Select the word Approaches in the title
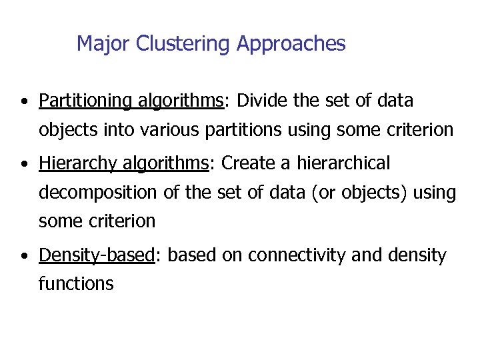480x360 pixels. tap(291, 44)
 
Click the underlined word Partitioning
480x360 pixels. tap(85, 101)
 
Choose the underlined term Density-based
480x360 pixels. tap(97, 255)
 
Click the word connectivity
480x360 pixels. tap(307, 255)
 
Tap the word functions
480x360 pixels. tap(76, 284)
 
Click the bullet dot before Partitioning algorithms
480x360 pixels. tap(23, 102)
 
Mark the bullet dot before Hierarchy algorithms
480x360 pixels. tap(23, 164)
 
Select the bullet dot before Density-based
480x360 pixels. tap(23, 256)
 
